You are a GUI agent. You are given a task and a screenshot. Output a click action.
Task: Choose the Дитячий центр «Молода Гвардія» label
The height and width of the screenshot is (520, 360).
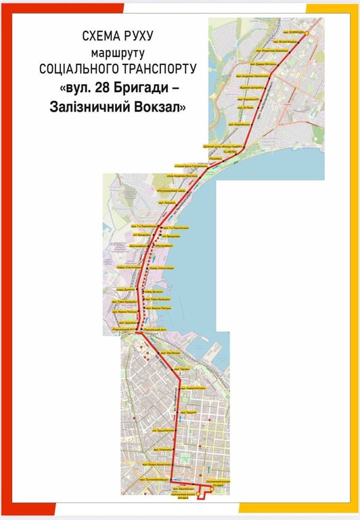tap(225, 146)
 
